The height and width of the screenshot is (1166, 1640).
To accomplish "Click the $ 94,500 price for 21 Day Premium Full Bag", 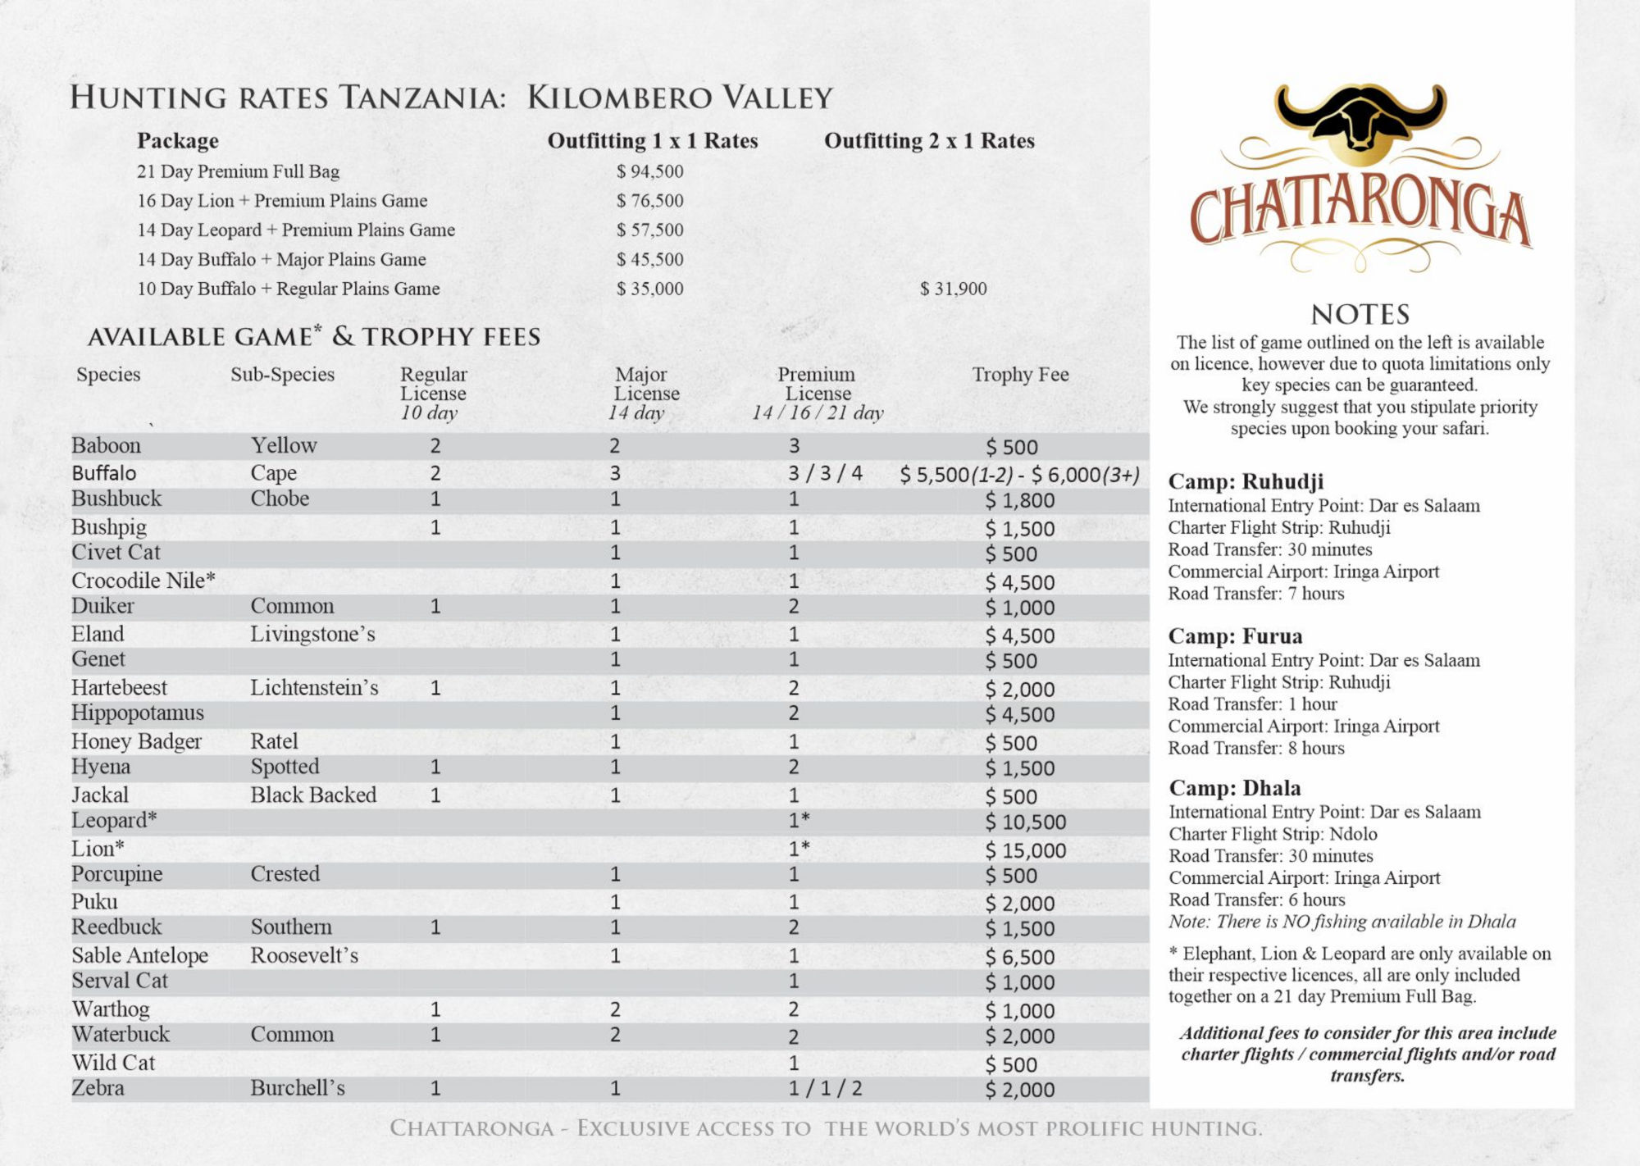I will tap(649, 171).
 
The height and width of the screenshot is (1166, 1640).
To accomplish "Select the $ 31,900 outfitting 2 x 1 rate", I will tap(953, 289).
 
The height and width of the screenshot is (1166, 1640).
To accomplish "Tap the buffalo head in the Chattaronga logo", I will tap(1360, 122).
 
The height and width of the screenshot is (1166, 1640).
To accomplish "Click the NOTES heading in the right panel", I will tap(1360, 314).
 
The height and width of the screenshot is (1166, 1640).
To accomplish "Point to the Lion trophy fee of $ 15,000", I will tap(1025, 850).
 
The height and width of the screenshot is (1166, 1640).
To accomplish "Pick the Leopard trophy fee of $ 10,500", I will tap(1025, 822).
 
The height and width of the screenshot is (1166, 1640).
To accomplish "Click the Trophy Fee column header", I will tap(1020, 375).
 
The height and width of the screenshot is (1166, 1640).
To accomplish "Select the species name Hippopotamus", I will tap(138, 713).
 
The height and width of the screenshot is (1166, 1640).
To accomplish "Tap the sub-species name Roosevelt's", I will tap(304, 955).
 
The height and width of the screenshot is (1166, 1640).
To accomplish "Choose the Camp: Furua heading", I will tap(1235, 636).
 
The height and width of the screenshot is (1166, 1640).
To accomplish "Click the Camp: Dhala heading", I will tap(1235, 788).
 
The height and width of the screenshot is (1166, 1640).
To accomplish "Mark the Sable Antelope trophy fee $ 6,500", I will tap(1019, 957).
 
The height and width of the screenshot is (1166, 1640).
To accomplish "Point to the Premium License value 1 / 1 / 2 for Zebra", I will tap(825, 1088).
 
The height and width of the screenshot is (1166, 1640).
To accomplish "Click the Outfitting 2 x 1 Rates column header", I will tap(929, 141).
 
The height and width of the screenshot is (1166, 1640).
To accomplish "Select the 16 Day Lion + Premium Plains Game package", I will tap(282, 201).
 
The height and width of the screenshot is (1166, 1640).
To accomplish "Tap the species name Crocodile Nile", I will tap(143, 581).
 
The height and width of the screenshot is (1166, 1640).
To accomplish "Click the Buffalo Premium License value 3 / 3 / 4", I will tap(825, 473).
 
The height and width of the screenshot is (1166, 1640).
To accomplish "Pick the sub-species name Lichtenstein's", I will tap(314, 687).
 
